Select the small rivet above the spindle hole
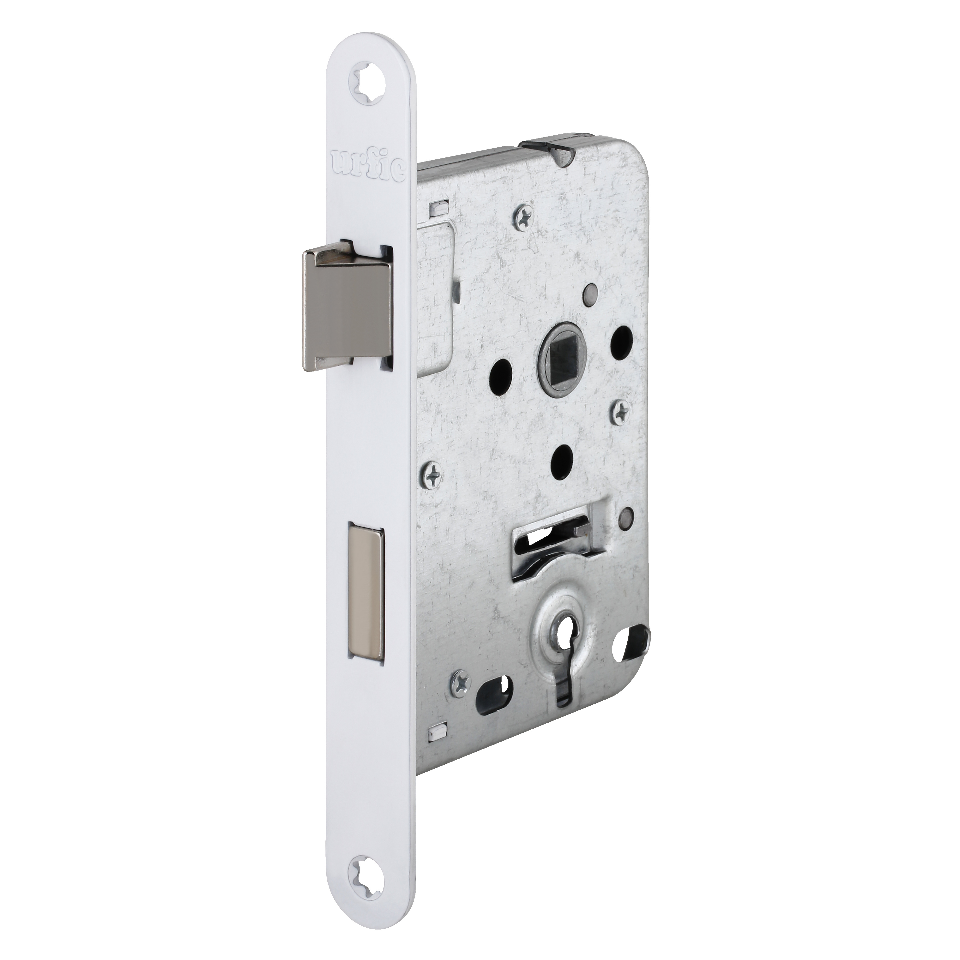click(591, 290)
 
